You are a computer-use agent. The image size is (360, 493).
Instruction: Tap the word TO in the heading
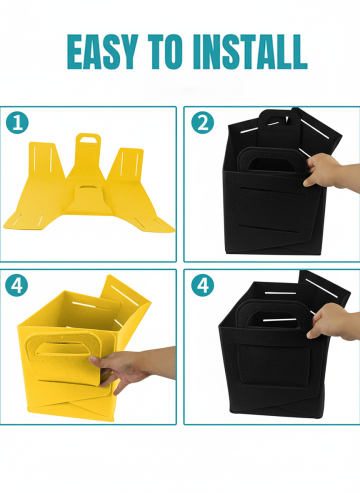(x=166, y=52)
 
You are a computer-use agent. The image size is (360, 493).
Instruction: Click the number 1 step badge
(x=17, y=123)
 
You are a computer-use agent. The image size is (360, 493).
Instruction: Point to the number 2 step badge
(x=203, y=123)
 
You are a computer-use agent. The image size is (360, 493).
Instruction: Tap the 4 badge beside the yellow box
(x=17, y=285)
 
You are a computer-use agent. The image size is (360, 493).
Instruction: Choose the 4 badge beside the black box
(x=203, y=285)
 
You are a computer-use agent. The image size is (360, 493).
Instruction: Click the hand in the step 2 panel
(x=330, y=172)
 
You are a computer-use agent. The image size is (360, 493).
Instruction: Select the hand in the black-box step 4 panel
(x=333, y=323)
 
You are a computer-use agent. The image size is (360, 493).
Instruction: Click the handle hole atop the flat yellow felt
(x=88, y=139)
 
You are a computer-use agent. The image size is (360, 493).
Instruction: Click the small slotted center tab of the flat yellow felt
(x=87, y=200)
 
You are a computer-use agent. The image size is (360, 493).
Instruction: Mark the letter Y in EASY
(x=128, y=52)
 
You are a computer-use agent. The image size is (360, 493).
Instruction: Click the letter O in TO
(x=174, y=52)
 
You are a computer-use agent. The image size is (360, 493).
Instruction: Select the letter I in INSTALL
(x=198, y=52)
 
